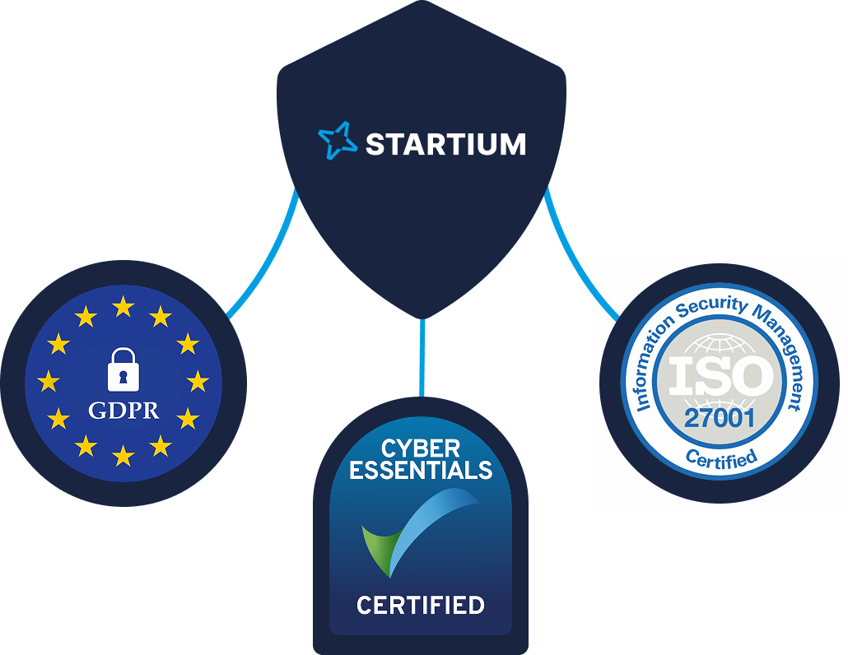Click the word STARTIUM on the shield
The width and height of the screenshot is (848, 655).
(445, 145)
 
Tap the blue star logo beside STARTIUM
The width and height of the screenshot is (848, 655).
(337, 141)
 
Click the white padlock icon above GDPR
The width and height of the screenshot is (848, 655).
(123, 369)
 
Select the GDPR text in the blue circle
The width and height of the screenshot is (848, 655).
(123, 410)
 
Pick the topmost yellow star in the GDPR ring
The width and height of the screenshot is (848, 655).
(123, 307)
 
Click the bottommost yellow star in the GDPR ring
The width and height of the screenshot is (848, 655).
(123, 455)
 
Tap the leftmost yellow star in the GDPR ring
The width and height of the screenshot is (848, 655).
(49, 381)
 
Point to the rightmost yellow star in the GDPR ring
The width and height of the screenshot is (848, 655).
(198, 381)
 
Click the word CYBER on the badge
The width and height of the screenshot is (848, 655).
(420, 449)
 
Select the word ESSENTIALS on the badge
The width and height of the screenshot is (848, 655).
(421, 471)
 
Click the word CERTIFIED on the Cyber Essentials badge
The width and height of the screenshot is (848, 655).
(421, 606)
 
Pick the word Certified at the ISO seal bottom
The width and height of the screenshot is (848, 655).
(720, 458)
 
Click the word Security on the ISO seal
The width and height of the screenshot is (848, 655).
(713, 306)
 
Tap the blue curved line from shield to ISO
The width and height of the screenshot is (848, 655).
(576, 263)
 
